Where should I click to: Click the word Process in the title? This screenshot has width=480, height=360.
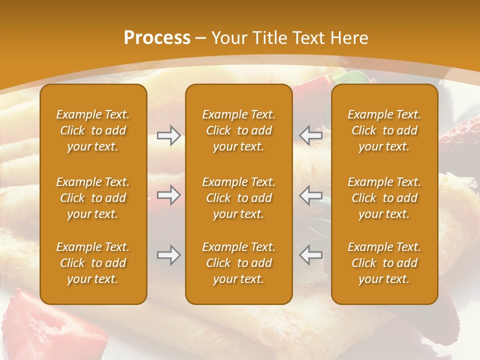(x=157, y=38)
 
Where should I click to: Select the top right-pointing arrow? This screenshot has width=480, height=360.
(x=168, y=135)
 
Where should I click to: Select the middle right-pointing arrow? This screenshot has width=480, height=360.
(x=168, y=195)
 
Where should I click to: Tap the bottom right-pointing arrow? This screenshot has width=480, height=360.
(x=168, y=255)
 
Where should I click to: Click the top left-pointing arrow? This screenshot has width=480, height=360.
(x=310, y=135)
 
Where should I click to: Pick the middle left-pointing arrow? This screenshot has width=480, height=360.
(x=310, y=195)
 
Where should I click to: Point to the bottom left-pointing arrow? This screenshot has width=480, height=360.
(x=310, y=255)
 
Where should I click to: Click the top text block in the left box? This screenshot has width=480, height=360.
(x=93, y=130)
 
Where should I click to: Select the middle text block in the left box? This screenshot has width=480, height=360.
(x=93, y=198)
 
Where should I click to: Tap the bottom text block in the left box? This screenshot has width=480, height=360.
(x=93, y=263)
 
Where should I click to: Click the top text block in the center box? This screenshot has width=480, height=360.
(x=238, y=130)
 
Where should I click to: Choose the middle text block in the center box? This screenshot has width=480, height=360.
(x=238, y=198)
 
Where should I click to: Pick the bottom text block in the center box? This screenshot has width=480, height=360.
(x=238, y=263)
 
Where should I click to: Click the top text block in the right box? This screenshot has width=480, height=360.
(x=384, y=130)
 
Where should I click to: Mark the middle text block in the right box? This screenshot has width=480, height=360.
(x=384, y=198)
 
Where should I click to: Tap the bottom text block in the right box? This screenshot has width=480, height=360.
(x=384, y=263)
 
